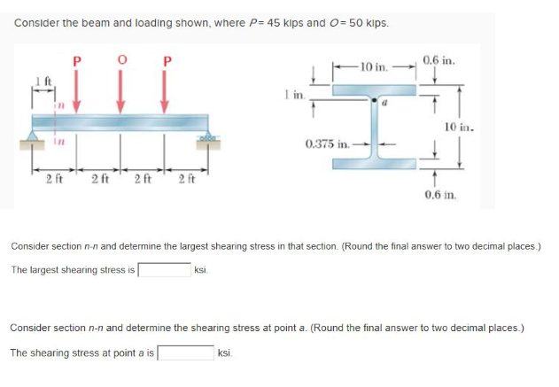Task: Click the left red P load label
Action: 77,61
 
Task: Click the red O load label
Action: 120,61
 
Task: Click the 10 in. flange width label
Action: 369,66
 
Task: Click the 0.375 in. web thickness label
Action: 325,142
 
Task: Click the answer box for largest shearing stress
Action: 163,269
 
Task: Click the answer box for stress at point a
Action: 184,352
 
